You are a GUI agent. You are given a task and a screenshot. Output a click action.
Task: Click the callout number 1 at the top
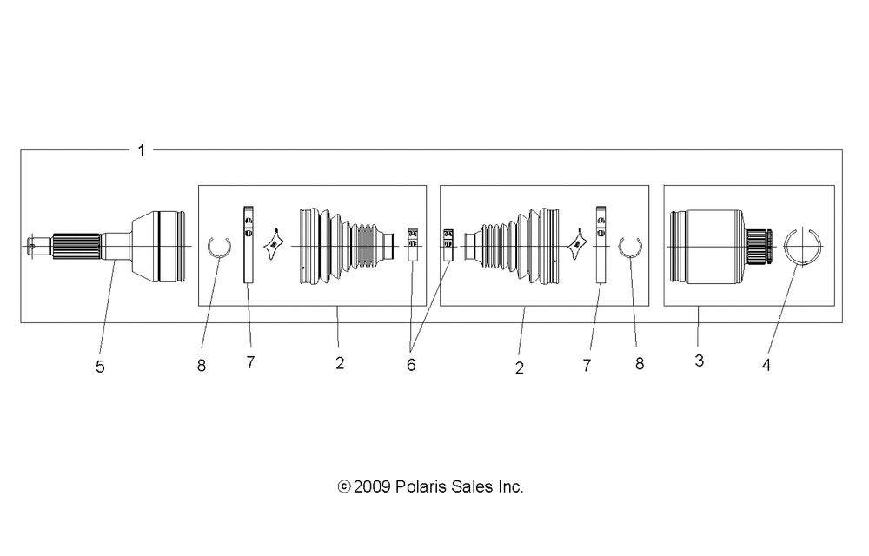click(x=142, y=150)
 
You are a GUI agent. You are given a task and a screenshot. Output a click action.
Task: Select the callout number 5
click(x=100, y=367)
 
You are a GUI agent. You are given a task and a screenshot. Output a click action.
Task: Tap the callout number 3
click(x=700, y=361)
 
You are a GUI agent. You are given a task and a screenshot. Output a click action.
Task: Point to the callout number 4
click(x=766, y=365)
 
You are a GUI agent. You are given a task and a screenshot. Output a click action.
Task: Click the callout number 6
click(x=411, y=365)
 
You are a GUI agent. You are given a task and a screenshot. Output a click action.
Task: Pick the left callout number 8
click(x=202, y=366)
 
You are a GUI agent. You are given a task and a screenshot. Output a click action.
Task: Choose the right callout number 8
click(x=640, y=364)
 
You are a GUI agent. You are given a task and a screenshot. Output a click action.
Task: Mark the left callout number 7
click(x=250, y=363)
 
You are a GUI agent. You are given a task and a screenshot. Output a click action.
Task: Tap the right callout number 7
click(x=587, y=366)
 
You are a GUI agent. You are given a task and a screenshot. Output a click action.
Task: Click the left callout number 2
click(x=341, y=363)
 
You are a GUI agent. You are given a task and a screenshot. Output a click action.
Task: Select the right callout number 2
click(x=520, y=368)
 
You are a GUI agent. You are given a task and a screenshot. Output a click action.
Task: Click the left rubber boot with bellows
click(x=347, y=247)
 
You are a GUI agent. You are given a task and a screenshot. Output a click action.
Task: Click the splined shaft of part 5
click(x=76, y=247)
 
